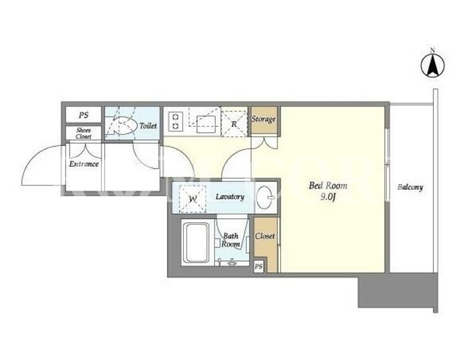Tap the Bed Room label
click(328, 185)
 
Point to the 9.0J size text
click(329, 198)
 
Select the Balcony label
click(410, 187)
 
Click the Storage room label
click(264, 119)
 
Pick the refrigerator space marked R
click(234, 124)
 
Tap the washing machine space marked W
click(193, 199)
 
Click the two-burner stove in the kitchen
click(176, 121)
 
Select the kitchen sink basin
click(206, 124)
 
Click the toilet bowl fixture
click(123, 126)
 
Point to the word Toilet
click(148, 126)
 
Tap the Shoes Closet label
click(83, 133)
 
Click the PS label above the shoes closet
click(83, 115)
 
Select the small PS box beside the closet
click(259, 267)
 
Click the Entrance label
click(84, 164)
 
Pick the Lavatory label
click(230, 197)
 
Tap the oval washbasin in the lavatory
click(265, 198)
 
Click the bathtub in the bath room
click(197, 243)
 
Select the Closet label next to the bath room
click(265, 236)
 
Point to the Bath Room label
click(231, 240)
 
